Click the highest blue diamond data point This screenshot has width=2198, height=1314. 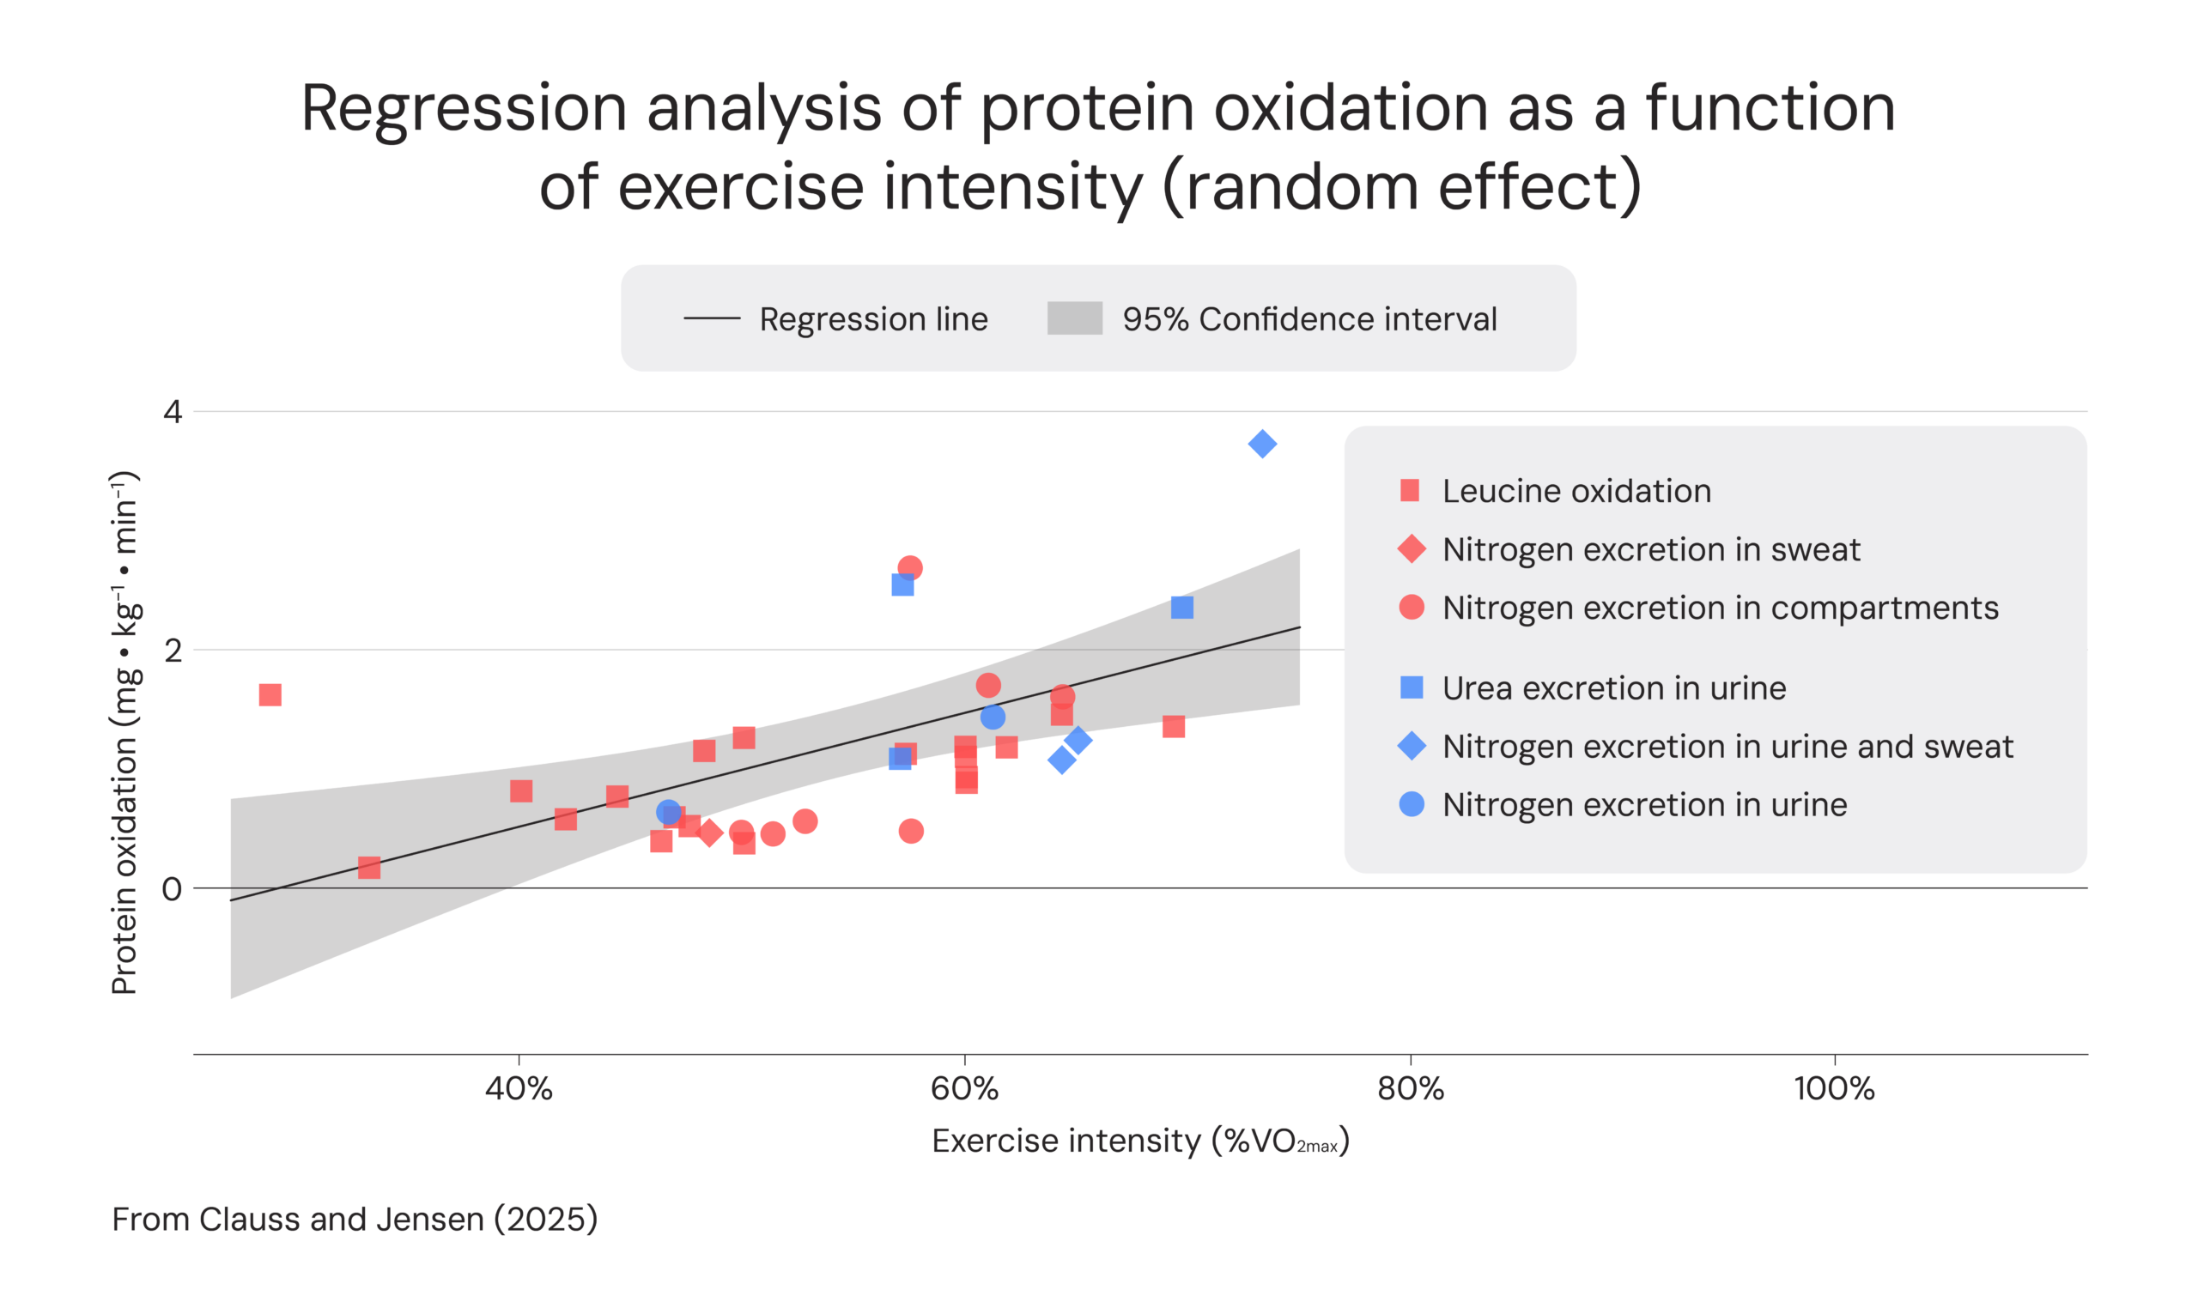[x=1262, y=444]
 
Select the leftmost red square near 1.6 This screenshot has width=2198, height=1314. [x=270, y=695]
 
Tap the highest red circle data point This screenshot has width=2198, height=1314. [x=909, y=567]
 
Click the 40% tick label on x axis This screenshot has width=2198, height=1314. [x=518, y=1088]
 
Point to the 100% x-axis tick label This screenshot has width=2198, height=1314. [x=1834, y=1088]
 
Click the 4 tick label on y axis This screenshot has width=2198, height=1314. [x=172, y=412]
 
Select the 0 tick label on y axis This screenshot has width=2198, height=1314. [x=172, y=888]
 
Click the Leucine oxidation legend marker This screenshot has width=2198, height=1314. [x=1410, y=491]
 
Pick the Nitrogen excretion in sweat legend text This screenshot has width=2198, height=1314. [x=1651, y=549]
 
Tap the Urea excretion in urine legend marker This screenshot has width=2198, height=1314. [x=1411, y=687]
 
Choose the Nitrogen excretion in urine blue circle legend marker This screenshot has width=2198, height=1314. [x=1411, y=804]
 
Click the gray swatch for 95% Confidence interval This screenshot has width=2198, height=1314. [x=1074, y=318]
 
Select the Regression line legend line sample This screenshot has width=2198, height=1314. [x=711, y=318]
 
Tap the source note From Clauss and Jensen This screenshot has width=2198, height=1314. [x=355, y=1220]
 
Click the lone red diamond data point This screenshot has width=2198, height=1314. [x=708, y=833]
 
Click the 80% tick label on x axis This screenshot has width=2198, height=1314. [x=1410, y=1088]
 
